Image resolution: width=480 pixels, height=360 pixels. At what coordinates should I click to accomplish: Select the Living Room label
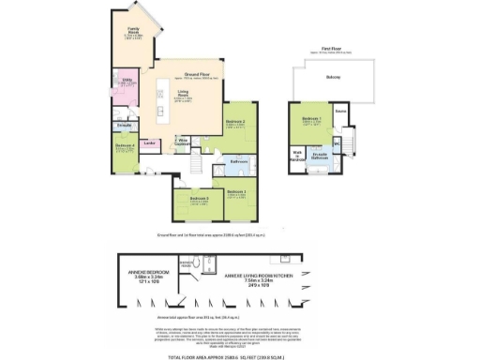[186, 92]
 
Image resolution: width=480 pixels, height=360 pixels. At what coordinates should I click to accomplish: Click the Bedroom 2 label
[234, 122]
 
